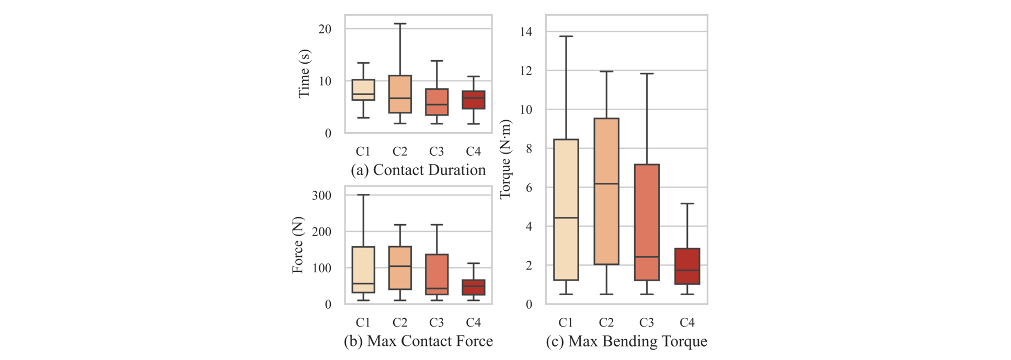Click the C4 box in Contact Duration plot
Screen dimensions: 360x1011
coord(473,100)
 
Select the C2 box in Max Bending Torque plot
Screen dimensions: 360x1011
coord(606,191)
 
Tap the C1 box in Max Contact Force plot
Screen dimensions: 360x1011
coord(363,270)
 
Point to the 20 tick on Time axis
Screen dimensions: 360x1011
coord(325,29)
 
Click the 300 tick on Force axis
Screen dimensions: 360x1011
coord(321,195)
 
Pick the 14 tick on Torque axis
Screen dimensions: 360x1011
coord(525,32)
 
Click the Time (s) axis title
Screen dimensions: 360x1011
coord(304,74)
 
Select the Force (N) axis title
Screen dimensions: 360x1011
coord(297,245)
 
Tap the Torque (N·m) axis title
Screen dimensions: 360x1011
coord(504,159)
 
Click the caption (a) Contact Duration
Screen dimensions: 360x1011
coord(418,170)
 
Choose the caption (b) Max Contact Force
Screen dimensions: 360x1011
coord(418,341)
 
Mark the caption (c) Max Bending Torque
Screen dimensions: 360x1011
coord(626,341)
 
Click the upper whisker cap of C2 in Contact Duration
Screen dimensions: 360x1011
coord(400,24)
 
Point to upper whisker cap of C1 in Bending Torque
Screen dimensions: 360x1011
coord(566,36)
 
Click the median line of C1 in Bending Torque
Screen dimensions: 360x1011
coord(566,217)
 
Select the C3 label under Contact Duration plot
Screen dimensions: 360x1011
coord(436,152)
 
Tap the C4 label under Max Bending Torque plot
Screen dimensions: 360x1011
coord(687,322)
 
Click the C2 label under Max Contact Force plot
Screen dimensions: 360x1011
coord(400,322)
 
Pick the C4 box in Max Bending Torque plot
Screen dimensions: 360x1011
coord(687,266)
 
